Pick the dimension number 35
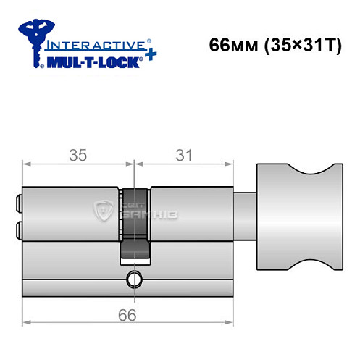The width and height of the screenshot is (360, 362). click(x=75, y=155)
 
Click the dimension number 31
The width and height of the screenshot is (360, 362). click(x=185, y=155)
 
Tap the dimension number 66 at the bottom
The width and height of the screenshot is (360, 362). click(x=129, y=314)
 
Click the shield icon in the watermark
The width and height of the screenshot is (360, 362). click(x=104, y=211)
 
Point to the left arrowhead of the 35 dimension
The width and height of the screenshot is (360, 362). click(x=27, y=165)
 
